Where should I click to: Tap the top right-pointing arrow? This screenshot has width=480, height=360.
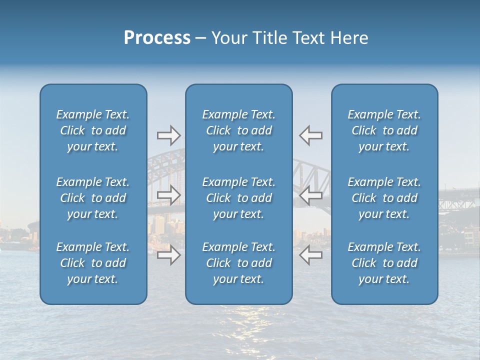tap(168, 135)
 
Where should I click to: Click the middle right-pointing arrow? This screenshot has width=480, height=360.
tap(168, 195)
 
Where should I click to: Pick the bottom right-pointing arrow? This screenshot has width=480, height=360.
tap(168, 255)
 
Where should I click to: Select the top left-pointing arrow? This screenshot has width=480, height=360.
tap(311, 135)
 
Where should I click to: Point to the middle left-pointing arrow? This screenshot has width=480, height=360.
tap(311, 195)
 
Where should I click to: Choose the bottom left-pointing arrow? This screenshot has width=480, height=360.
tap(311, 255)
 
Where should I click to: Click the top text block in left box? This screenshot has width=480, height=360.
tap(93, 130)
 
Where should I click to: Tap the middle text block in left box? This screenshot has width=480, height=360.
tap(93, 198)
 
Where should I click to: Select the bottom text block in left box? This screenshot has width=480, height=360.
tap(93, 263)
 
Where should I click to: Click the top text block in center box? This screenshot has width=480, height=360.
tap(238, 130)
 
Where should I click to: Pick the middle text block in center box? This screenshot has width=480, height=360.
tap(238, 198)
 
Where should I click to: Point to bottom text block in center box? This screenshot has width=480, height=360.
tap(238, 263)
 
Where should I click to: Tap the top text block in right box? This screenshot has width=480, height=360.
tap(384, 130)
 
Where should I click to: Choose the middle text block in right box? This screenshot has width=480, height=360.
tap(384, 198)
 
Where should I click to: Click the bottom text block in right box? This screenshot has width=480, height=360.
tap(384, 263)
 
